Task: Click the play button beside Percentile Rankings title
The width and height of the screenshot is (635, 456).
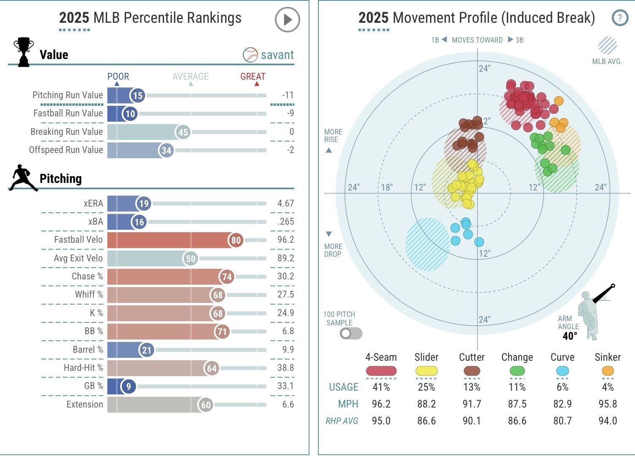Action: click(x=287, y=20)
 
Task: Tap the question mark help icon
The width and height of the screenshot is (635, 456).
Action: click(x=619, y=18)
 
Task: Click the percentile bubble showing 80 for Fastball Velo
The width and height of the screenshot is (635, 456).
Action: click(x=236, y=240)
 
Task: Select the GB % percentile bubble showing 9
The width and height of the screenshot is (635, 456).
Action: click(x=128, y=386)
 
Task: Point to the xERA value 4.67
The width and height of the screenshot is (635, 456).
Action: click(x=285, y=204)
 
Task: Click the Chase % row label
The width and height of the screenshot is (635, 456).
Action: click(x=87, y=276)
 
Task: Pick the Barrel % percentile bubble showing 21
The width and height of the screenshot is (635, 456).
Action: click(x=146, y=350)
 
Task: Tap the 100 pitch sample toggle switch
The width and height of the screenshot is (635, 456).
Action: click(x=351, y=334)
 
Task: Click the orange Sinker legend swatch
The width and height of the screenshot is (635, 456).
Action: click(x=608, y=371)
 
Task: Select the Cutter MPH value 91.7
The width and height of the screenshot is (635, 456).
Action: click(x=471, y=404)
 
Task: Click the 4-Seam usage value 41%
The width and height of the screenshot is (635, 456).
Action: click(x=381, y=387)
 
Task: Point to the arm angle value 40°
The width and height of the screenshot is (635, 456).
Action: click(x=570, y=336)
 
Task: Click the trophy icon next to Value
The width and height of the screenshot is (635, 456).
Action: click(x=23, y=52)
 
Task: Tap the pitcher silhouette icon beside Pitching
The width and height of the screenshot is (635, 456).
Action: click(x=23, y=178)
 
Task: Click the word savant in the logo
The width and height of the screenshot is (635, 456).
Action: click(x=277, y=55)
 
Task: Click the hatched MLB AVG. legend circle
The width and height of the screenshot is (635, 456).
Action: click(x=607, y=46)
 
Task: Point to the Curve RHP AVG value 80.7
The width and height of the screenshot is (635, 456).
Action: click(x=562, y=421)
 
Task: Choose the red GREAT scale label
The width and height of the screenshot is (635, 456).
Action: click(x=253, y=77)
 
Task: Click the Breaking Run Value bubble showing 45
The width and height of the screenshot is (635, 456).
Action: click(x=183, y=132)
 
